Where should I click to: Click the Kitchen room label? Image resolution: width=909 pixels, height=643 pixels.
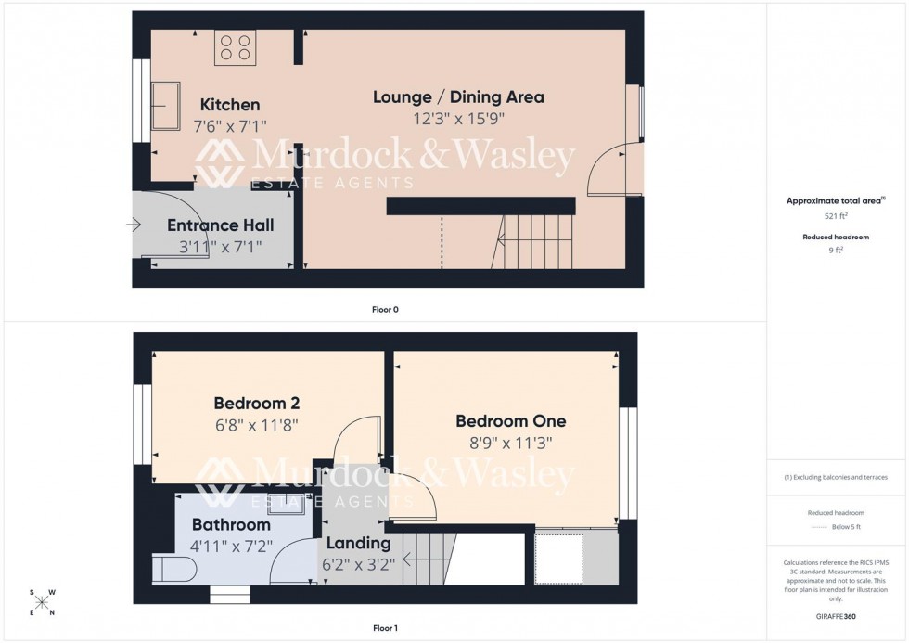(230, 105)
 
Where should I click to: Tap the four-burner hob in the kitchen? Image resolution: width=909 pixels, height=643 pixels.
(236, 47)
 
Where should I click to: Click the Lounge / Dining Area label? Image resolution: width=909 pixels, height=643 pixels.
(458, 97)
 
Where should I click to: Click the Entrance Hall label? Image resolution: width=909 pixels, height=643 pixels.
(220, 225)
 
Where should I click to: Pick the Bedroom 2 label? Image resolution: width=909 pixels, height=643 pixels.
(256, 404)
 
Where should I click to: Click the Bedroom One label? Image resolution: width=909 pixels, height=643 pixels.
(510, 421)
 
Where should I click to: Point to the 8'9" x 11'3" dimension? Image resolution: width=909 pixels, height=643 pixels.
(510, 443)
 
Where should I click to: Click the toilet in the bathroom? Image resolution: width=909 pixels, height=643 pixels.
(172, 568)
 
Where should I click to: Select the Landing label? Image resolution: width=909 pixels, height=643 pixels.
(357, 543)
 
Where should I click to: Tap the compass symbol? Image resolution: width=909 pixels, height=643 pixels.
(42, 602)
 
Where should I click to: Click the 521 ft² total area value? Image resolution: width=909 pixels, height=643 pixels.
(836, 216)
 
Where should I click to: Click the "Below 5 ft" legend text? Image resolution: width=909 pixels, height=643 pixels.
(846, 527)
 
